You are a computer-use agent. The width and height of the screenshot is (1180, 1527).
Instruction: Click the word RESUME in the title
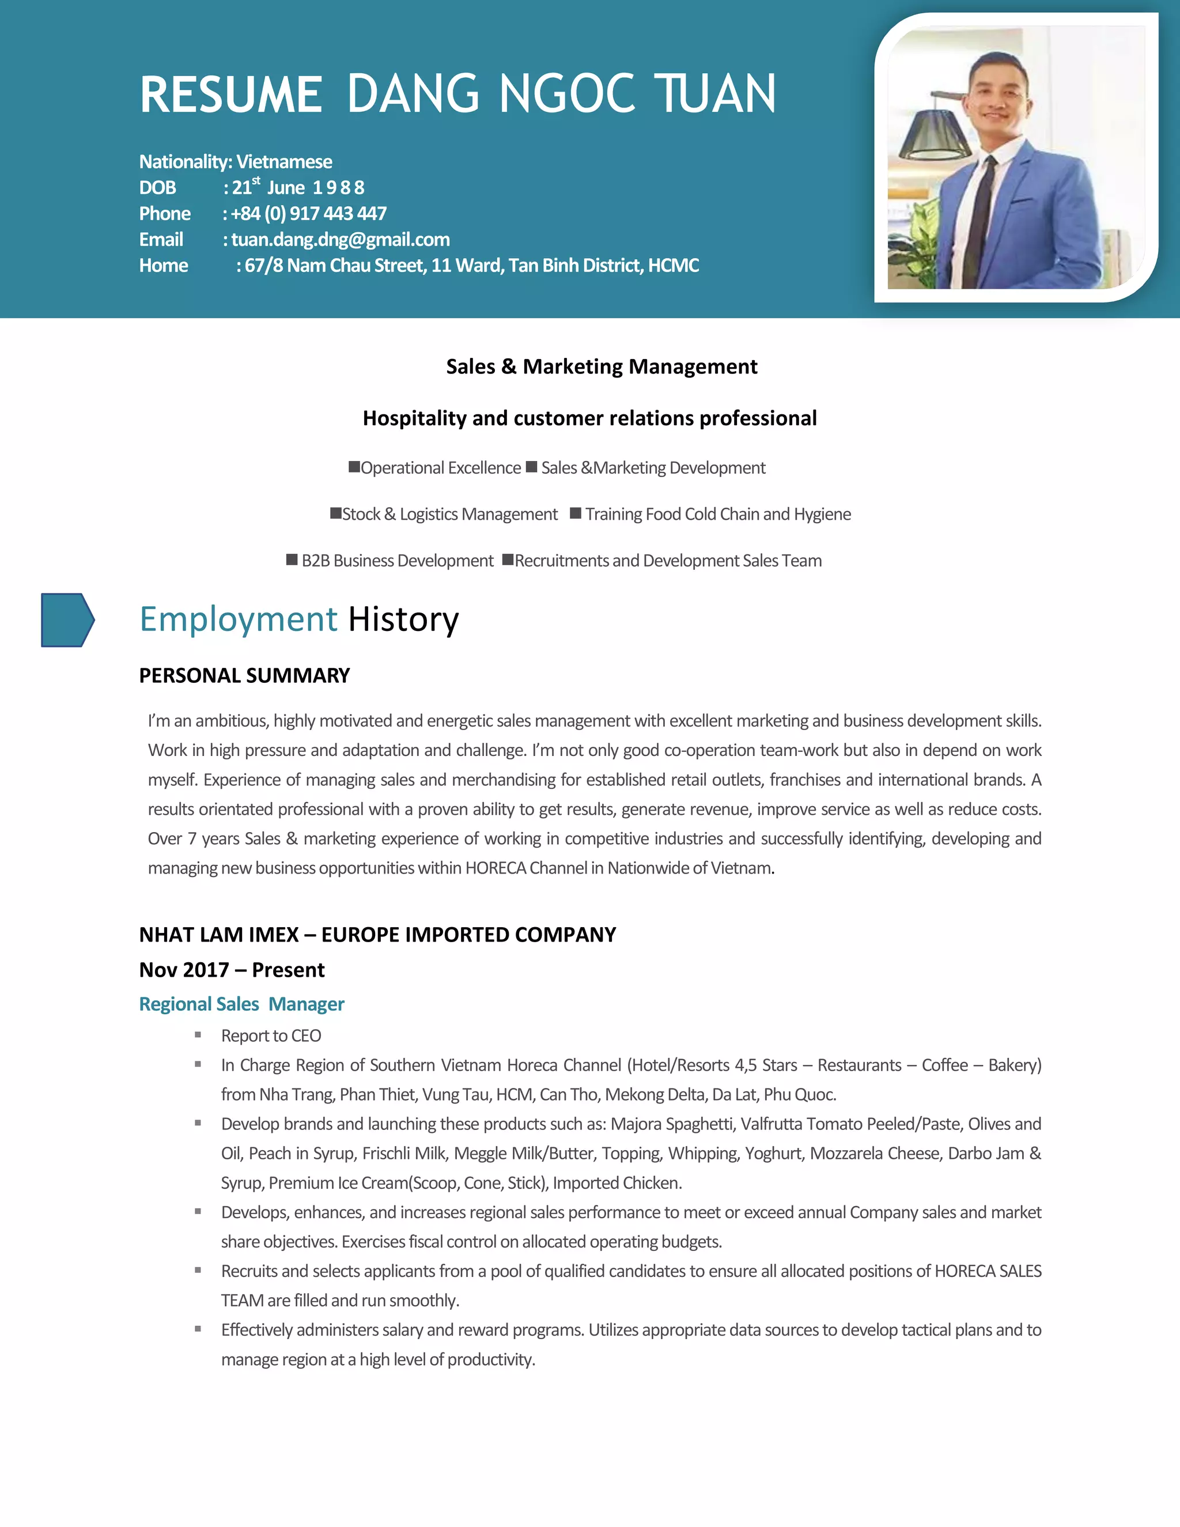pos(230,95)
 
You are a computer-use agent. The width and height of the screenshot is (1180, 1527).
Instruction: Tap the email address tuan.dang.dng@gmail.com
pos(341,240)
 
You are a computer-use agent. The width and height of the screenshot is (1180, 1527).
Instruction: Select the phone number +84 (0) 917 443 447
pos(308,213)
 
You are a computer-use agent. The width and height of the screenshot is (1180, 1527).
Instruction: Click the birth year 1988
pos(338,188)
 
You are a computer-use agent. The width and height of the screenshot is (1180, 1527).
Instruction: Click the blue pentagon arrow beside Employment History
pos(67,620)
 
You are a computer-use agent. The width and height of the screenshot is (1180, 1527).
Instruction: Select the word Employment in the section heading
pos(239,619)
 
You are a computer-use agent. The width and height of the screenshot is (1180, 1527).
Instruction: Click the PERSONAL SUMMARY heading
pos(244,675)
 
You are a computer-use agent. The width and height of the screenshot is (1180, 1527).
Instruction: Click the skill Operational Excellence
pos(440,468)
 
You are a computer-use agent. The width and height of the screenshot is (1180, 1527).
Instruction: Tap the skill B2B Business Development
pos(397,561)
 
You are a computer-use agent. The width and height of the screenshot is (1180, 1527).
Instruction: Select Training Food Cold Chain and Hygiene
pos(718,515)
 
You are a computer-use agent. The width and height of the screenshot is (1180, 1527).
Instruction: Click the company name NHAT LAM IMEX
pos(219,935)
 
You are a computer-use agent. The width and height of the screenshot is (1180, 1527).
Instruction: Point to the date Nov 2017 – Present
pos(232,970)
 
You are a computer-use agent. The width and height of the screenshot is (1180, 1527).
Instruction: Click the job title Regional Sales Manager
pos(241,1004)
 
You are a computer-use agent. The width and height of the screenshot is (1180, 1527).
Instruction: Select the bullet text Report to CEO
pos(271,1035)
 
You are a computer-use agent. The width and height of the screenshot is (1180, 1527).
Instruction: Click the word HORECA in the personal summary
pos(496,868)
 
